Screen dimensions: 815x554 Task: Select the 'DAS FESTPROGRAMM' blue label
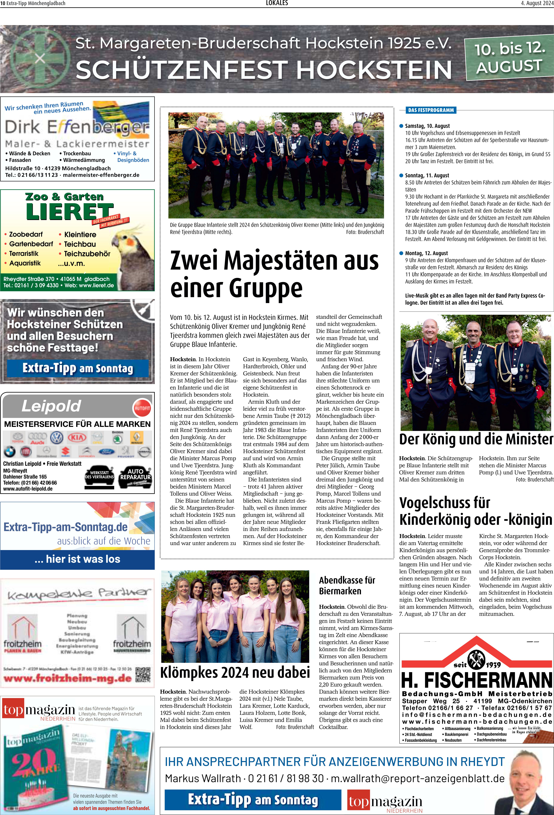click(x=431, y=110)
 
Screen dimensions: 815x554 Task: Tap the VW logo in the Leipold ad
click(x=57, y=438)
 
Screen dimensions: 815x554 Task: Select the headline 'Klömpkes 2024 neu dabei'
click(x=235, y=672)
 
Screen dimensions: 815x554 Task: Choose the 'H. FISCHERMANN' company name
click(x=477, y=681)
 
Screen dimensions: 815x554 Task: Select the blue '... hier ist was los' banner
click(x=78, y=559)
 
